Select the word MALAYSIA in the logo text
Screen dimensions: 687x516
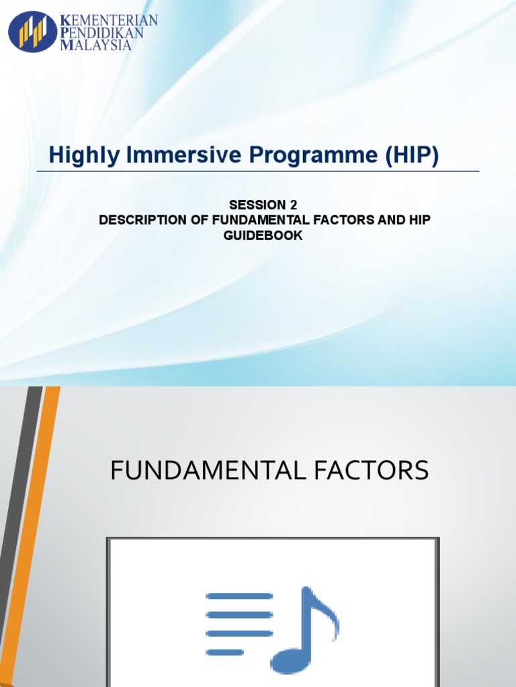(96, 46)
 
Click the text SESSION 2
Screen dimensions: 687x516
(263, 205)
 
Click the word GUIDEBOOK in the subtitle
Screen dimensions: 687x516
(263, 235)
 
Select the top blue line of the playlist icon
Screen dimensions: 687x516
(239, 596)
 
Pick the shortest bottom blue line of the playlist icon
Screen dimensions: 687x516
(225, 651)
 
